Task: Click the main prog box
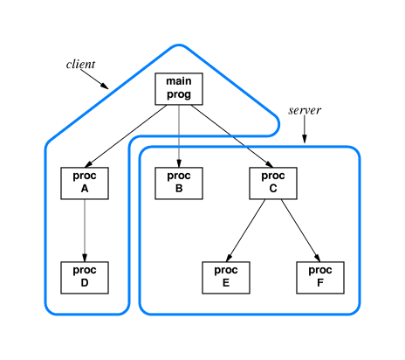coord(179,88)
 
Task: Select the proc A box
coord(85,183)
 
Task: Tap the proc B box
coord(179,183)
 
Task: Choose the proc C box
coord(273,183)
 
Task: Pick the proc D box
coord(85,277)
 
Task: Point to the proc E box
coord(226,277)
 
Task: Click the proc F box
coord(320,277)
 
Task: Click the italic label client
coord(81,65)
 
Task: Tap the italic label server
coord(305,111)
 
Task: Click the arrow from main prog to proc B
coord(179,135)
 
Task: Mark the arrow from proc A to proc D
coord(85,230)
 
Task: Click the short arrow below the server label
coord(305,130)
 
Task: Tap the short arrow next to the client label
coord(95,80)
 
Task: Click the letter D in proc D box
coord(85,284)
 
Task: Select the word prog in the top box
coord(179,95)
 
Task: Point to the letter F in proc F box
coord(320,284)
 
